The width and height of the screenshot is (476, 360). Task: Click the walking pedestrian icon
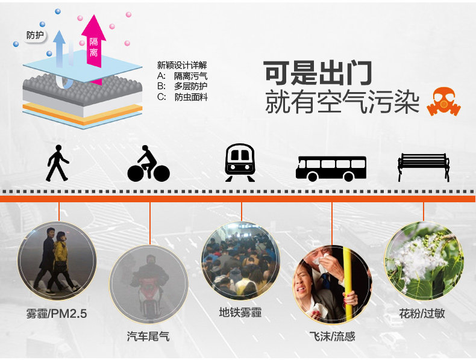click(x=57, y=164)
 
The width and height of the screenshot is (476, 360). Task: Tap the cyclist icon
click(x=148, y=164)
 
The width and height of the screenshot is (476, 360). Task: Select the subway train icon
click(x=239, y=163)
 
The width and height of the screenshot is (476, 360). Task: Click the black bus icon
click(x=331, y=168)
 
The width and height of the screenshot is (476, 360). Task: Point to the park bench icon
click(x=424, y=167)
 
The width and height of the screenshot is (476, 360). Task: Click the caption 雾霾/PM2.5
click(x=57, y=314)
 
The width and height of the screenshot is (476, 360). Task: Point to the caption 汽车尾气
click(x=148, y=336)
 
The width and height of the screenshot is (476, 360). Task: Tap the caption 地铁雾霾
click(x=240, y=312)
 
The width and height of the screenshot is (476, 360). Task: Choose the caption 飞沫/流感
click(x=331, y=336)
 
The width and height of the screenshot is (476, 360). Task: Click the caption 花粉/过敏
click(x=422, y=313)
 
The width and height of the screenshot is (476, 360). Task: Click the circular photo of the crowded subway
click(x=240, y=260)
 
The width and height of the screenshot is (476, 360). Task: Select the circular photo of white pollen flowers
click(x=423, y=260)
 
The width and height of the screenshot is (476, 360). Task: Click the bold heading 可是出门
click(x=318, y=73)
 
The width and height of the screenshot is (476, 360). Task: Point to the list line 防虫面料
click(x=190, y=97)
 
